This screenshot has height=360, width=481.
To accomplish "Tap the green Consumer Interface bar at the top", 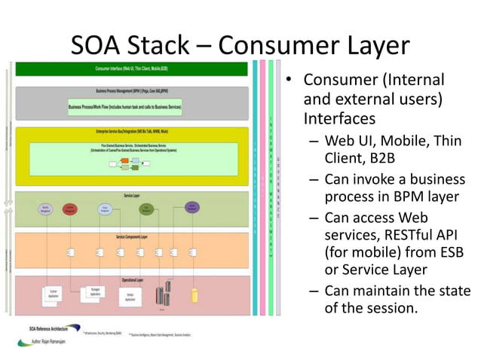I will point(131,69).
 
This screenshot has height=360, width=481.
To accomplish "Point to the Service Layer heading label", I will point(131,195).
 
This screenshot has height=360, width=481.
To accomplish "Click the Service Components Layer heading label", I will point(131,236).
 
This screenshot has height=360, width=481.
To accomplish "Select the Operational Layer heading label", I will point(131,279).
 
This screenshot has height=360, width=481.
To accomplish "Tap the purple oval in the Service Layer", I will point(192,207).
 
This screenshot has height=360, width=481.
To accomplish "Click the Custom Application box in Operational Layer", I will point(54,293).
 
